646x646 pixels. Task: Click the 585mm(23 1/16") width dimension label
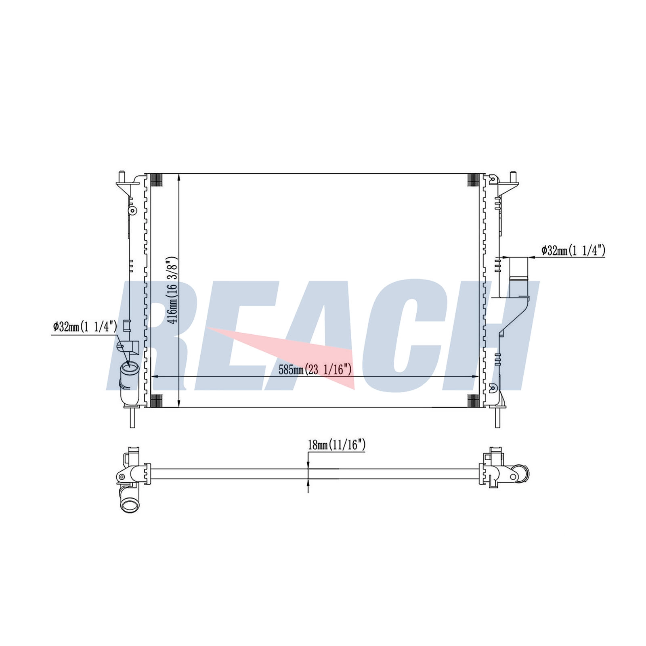pos(315,369)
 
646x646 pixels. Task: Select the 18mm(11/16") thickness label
pos(337,445)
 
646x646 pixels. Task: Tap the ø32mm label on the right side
pos(573,251)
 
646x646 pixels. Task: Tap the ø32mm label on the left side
pos(85,326)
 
